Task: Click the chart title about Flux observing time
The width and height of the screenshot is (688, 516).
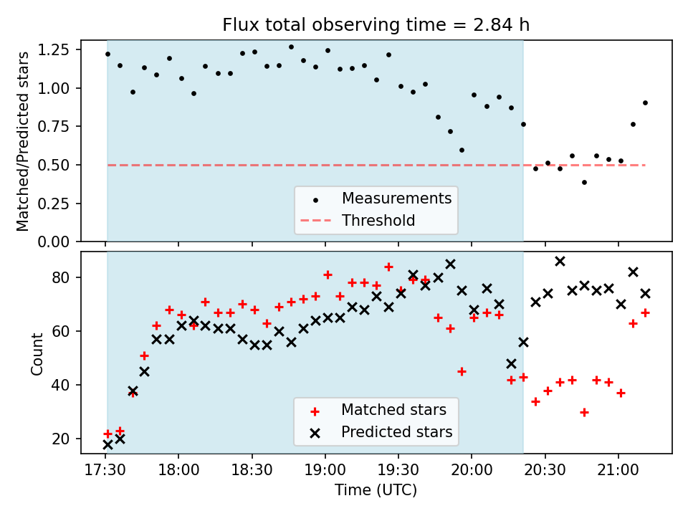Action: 376,26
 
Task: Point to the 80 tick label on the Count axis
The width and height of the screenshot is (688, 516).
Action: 65,277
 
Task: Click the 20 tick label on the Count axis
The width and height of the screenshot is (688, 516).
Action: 65,439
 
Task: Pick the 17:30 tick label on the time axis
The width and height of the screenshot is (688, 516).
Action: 105,473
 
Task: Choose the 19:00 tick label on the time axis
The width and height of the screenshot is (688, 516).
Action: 325,473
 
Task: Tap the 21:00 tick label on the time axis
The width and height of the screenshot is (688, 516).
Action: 618,473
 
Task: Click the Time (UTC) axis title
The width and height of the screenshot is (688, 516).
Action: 376,491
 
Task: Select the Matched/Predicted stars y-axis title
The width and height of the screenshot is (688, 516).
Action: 24,141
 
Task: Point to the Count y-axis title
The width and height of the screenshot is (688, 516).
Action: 37,353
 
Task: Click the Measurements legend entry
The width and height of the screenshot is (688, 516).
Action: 396,198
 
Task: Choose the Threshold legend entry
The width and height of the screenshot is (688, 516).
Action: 378,220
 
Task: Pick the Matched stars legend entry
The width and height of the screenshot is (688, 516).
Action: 393,410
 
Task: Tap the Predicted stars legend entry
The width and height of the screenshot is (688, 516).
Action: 396,432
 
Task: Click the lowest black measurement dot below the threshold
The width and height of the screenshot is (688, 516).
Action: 584,182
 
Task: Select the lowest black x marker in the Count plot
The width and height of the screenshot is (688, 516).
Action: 107,444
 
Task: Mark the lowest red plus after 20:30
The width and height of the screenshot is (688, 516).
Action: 584,412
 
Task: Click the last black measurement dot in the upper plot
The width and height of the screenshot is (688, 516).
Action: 645,102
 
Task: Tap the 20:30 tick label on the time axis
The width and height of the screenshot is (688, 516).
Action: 545,473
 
